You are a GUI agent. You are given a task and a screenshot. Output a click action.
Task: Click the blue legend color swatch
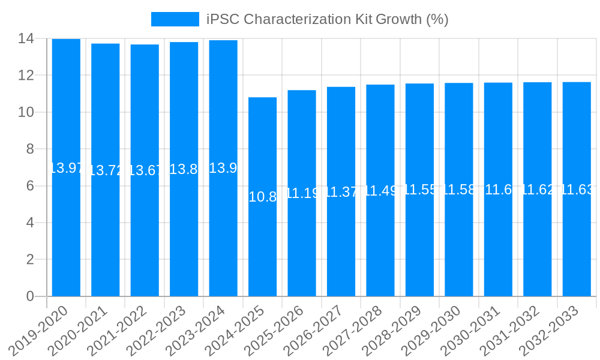(x=175, y=19)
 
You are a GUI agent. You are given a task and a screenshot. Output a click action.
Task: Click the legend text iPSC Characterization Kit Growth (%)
(x=327, y=19)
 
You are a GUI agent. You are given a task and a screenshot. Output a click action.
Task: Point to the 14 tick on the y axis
(x=26, y=39)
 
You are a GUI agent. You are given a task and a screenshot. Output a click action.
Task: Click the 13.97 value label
(x=66, y=168)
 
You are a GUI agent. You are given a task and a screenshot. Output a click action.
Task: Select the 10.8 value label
(x=262, y=197)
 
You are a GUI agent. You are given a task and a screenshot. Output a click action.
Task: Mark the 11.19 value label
(x=302, y=193)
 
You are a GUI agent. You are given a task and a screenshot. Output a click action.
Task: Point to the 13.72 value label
(x=106, y=170)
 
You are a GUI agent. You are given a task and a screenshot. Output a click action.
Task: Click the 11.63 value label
(x=577, y=190)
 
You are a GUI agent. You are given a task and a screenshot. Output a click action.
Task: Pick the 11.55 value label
(x=419, y=190)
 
